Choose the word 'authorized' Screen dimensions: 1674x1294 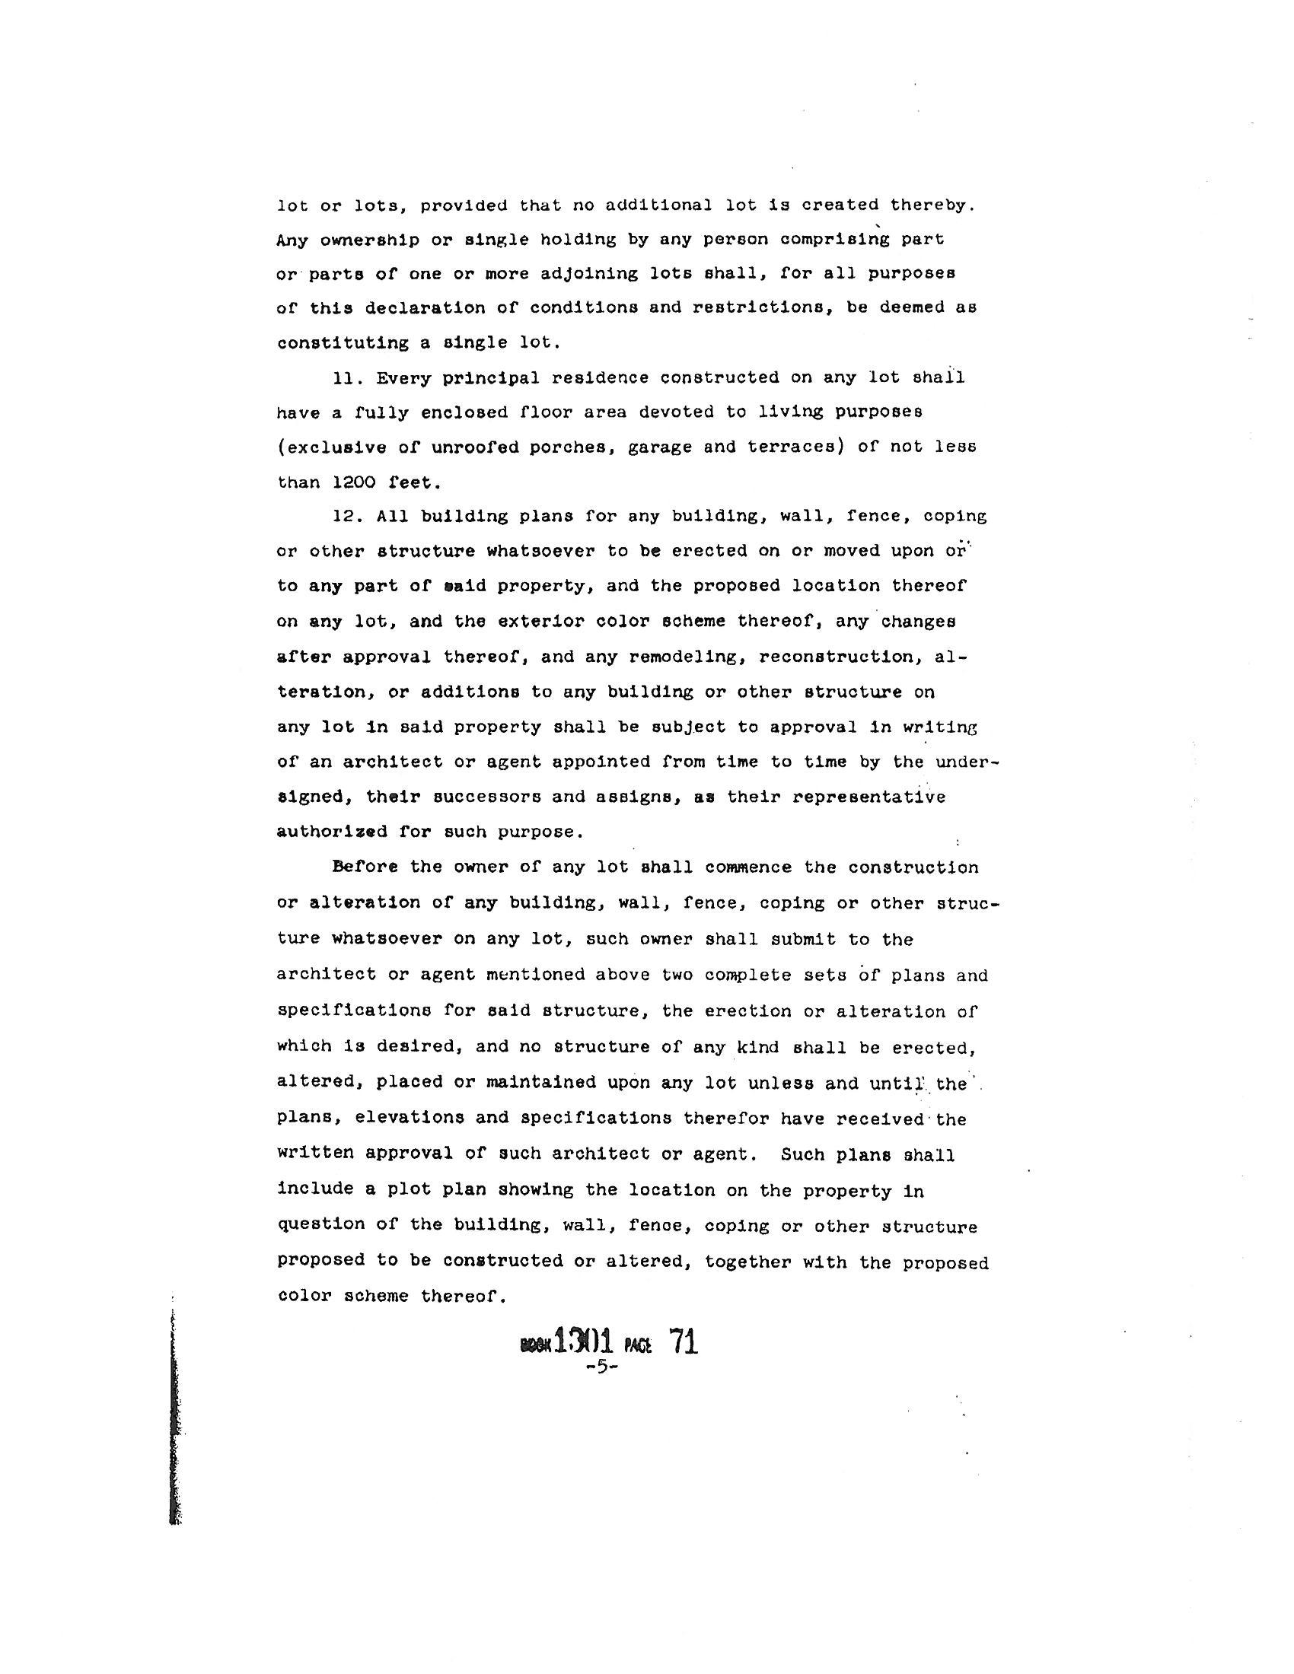pyautogui.click(x=332, y=832)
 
